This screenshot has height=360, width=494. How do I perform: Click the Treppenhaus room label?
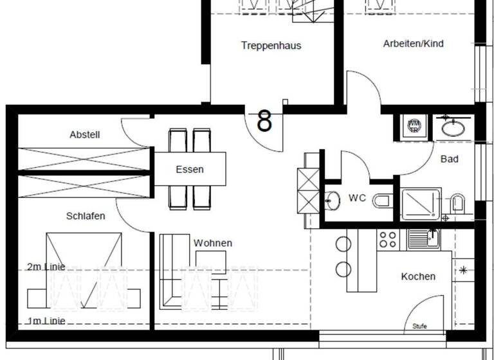pos(271,46)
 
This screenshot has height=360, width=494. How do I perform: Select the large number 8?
pos(264,120)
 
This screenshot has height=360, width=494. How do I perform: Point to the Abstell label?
pos(85,135)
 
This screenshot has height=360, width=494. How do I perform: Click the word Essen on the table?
pos(189,170)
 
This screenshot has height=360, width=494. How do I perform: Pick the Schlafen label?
pos(85,216)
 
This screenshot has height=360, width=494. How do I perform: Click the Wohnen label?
pos(213,243)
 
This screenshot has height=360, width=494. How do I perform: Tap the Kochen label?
pos(418,276)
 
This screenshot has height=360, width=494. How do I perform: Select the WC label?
pos(358,198)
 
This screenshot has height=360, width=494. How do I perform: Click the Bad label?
pos(450,159)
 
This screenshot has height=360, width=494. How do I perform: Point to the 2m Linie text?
pos(46,267)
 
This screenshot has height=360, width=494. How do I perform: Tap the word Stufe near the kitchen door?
pos(419,326)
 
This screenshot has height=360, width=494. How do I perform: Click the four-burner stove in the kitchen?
pos(388,239)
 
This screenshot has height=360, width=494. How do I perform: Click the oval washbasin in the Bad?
pos(455,127)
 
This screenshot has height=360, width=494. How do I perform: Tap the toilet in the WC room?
pos(382,201)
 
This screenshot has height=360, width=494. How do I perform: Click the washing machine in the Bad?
pos(414,126)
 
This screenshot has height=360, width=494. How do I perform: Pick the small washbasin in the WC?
pos(333,201)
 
